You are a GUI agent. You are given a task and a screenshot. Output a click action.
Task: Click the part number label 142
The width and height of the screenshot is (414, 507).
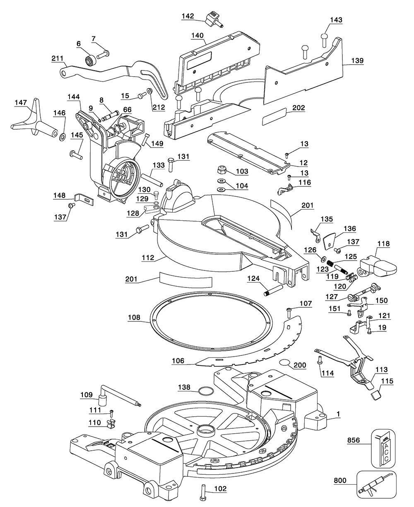(188, 16)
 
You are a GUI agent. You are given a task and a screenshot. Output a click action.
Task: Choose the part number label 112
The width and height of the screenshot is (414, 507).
(148, 258)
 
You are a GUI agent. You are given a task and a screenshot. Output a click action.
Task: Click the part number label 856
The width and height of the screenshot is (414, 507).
(354, 440)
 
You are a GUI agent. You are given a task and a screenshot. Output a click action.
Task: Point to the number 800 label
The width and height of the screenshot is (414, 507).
(340, 480)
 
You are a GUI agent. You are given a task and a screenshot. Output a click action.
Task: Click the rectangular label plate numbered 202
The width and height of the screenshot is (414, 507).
(274, 116)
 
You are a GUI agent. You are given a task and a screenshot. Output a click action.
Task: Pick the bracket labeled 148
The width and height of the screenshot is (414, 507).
(84, 199)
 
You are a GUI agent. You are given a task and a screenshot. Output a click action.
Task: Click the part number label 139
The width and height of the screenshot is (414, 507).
(357, 60)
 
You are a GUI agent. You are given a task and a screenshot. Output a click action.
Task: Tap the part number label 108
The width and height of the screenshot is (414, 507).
(134, 317)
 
